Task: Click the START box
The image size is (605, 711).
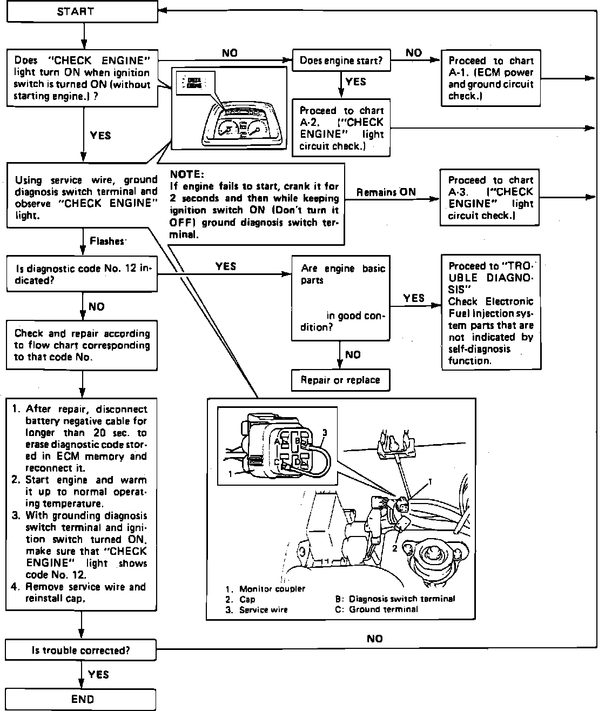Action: tap(82, 11)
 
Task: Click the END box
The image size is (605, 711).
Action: tap(81, 699)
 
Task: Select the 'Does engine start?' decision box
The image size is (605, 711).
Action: tap(340, 61)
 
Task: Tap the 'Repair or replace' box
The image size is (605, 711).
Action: tap(340, 380)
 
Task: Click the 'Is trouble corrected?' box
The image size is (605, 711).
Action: tap(81, 650)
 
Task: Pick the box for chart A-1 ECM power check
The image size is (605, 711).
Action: tap(490, 78)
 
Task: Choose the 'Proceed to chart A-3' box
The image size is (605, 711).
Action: tap(490, 197)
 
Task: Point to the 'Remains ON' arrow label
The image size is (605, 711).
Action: tap(386, 192)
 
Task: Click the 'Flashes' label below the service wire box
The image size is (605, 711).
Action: tap(107, 241)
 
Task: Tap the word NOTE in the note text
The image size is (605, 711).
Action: tap(186, 174)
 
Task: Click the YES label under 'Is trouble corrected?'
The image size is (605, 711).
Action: tap(98, 674)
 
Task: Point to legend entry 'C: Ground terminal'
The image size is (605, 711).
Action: tap(377, 609)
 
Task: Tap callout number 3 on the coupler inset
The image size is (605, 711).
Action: tap(325, 432)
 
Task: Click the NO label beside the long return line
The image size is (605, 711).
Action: tap(374, 639)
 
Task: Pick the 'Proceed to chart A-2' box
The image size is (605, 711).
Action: tap(340, 128)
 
